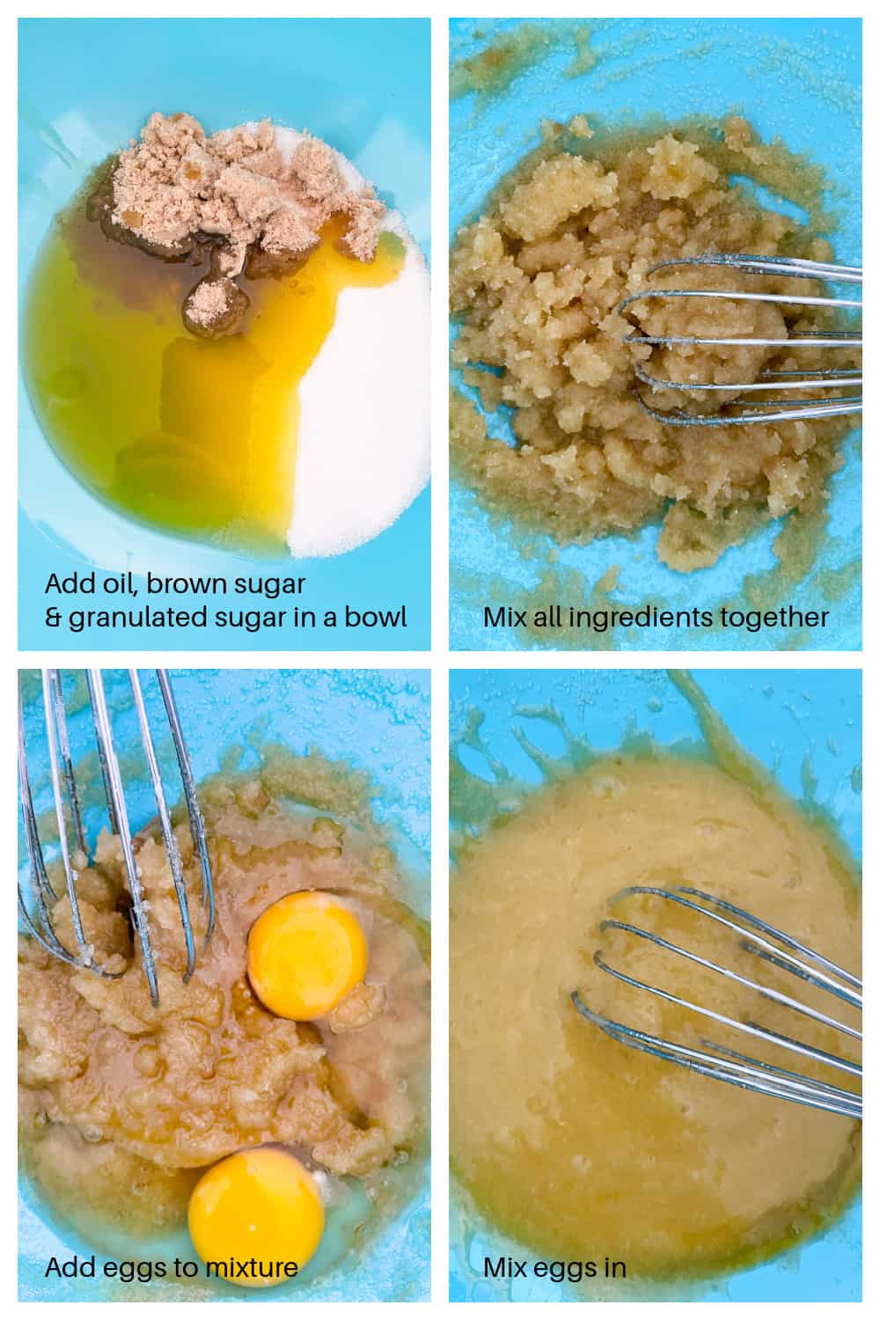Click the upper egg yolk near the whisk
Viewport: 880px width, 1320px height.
(x=306, y=955)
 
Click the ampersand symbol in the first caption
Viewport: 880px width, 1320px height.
(x=53, y=617)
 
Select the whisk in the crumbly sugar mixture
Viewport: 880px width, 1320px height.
(x=739, y=343)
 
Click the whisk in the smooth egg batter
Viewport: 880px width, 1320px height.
(x=722, y=994)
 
